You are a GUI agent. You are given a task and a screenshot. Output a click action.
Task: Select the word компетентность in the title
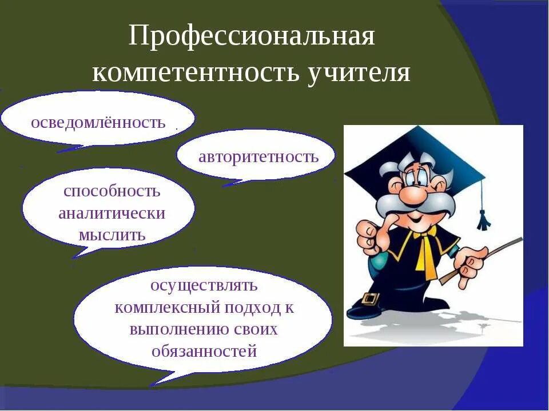click(x=194, y=74)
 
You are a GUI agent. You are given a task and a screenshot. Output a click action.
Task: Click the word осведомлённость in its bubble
click(x=98, y=122)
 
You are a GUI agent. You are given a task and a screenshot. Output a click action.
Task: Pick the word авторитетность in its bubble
click(x=258, y=156)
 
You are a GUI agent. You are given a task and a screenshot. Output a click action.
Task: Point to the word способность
click(x=112, y=191)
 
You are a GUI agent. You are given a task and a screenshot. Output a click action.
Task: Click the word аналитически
click(x=112, y=213)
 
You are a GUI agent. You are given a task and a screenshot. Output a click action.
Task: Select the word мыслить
click(x=112, y=235)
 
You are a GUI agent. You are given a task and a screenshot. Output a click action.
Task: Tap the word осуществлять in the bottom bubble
click(x=204, y=285)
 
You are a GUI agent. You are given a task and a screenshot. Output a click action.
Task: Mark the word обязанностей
click(x=204, y=350)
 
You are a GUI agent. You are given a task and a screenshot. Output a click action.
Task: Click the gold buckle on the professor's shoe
click(x=370, y=298)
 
